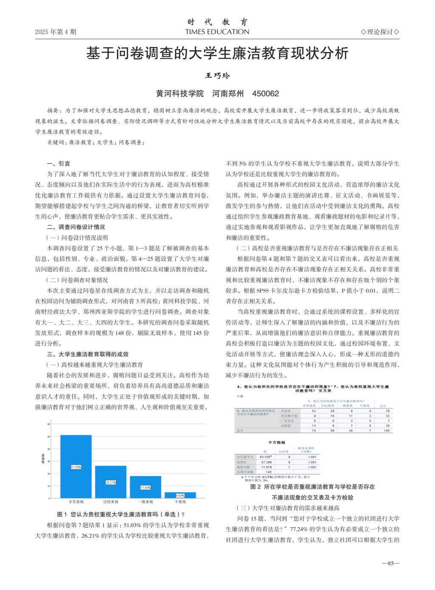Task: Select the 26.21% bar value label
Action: click(x=110, y=482)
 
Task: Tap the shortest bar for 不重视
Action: click(x=180, y=495)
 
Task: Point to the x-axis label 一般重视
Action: click(x=145, y=502)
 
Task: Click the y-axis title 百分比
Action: click(x=43, y=458)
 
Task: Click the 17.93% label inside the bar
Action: click(x=145, y=487)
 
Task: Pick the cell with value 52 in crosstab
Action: click(x=314, y=411)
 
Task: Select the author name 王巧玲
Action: click(x=217, y=76)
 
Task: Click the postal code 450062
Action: click(x=266, y=93)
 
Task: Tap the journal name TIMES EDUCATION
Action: click(x=217, y=32)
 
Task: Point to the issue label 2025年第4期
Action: click(x=56, y=32)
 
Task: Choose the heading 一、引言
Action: click(x=59, y=164)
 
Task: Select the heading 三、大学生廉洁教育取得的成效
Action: click(x=88, y=354)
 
